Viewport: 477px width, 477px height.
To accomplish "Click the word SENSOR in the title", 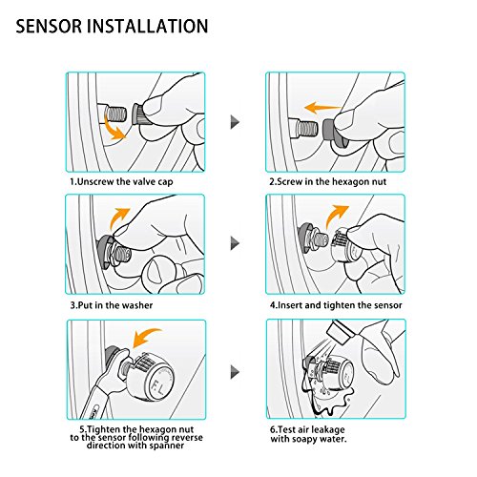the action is pos(49,26).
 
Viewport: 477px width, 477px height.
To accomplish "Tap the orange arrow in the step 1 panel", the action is pos(114,128).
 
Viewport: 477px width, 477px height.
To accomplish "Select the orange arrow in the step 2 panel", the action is pos(321,108).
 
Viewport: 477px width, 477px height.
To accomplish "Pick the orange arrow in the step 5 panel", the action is pos(145,337).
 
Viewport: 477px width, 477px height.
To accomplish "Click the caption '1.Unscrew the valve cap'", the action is pos(122,182).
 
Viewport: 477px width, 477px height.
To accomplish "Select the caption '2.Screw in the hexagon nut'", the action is pos(328,182).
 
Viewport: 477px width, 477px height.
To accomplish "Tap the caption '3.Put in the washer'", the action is pos(112,305).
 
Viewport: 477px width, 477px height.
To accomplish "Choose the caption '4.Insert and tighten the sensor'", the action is pos(336,305).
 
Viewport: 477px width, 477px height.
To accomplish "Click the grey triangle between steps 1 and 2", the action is pos(235,122).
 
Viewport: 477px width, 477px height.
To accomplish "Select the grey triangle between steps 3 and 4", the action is pos(235,244).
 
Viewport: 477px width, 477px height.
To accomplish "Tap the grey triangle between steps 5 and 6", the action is pos(235,372).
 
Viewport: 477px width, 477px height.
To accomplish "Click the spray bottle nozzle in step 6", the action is pos(340,333).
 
